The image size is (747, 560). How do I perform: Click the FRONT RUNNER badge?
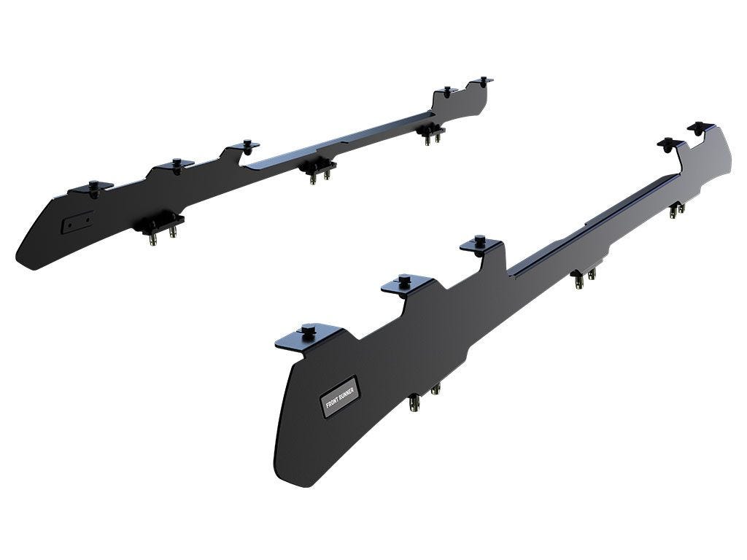coord(339,397)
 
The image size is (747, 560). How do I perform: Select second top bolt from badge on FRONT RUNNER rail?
coord(404,279)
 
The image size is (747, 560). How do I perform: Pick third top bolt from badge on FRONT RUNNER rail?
coord(479,241)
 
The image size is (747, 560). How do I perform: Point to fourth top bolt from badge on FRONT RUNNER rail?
coord(670,141)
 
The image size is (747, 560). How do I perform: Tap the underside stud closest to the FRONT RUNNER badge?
coord(414,400)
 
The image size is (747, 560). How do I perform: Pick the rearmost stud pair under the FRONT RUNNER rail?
coord(677,209)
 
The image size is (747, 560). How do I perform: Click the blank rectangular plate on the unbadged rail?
coord(77,223)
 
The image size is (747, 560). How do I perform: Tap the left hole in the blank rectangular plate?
coord(71,226)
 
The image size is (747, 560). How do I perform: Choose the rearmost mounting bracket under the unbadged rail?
coord(431,133)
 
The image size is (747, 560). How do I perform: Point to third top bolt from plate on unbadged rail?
coord(247,143)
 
